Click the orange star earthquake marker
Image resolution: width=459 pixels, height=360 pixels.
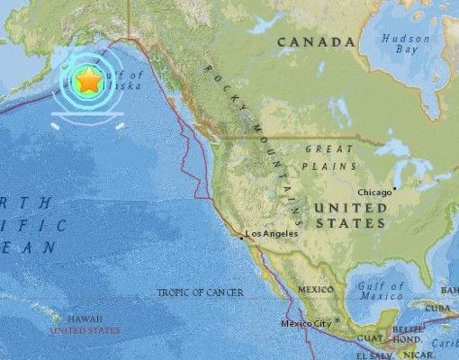[x=88, y=81]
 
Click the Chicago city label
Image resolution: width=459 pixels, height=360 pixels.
[x=374, y=193]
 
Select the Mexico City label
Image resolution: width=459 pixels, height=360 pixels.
[x=305, y=323]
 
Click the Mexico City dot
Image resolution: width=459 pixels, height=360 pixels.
[x=337, y=319]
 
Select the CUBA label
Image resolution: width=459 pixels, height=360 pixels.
[x=438, y=307]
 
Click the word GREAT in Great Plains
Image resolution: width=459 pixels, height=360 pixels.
[x=328, y=149]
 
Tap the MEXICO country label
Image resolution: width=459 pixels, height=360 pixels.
[x=316, y=290]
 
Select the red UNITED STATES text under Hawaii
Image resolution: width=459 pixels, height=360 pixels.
[x=85, y=330]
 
